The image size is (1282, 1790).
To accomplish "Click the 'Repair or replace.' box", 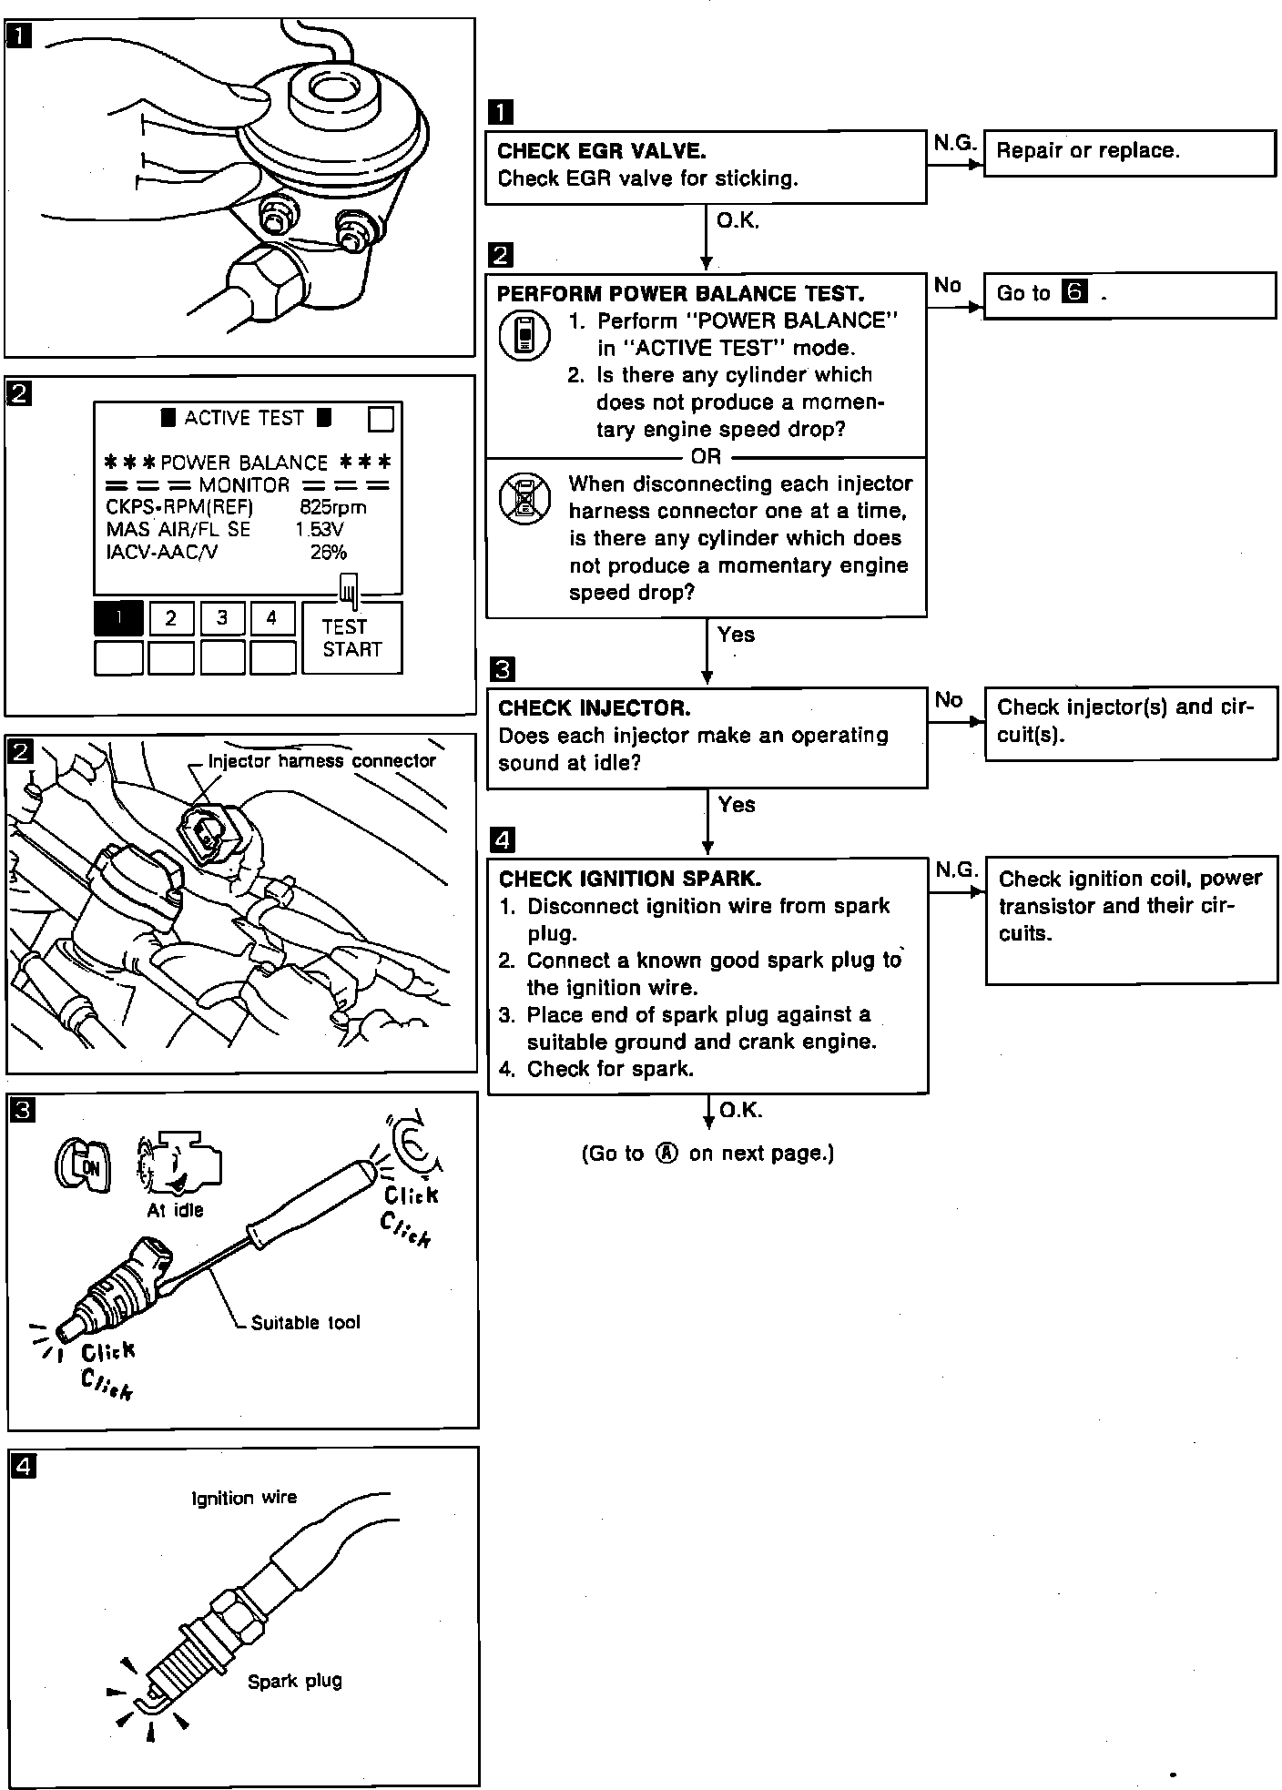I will click(1129, 152).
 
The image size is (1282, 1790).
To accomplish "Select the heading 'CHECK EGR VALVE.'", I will click(602, 151).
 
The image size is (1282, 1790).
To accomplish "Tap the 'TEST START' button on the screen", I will click(351, 637).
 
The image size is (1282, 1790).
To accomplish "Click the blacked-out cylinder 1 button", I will click(118, 619).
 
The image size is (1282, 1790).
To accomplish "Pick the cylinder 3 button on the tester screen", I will click(222, 619).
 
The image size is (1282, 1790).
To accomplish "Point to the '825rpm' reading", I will click(333, 507).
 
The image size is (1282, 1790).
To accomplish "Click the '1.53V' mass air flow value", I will click(319, 529).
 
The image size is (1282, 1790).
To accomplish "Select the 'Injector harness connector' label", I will click(321, 761).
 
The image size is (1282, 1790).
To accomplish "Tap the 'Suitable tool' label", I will click(305, 1323).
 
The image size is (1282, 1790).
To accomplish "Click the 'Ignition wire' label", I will click(244, 1498).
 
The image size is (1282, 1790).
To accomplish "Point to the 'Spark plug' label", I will click(294, 1681).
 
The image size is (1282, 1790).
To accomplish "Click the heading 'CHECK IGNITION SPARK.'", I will click(630, 879).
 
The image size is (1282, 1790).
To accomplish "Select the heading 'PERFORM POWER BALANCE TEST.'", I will click(681, 294).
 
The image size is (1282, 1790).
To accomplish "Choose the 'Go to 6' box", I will click(1129, 294).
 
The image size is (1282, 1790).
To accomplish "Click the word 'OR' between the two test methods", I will click(706, 456).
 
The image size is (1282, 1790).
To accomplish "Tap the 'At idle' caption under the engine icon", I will click(175, 1210).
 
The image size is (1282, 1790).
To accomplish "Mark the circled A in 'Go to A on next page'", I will click(667, 1154).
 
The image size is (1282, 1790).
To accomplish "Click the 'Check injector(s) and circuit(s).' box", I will click(1130, 721).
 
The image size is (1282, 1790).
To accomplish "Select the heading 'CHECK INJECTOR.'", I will click(595, 708).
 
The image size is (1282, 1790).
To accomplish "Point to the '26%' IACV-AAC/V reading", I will click(328, 552).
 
